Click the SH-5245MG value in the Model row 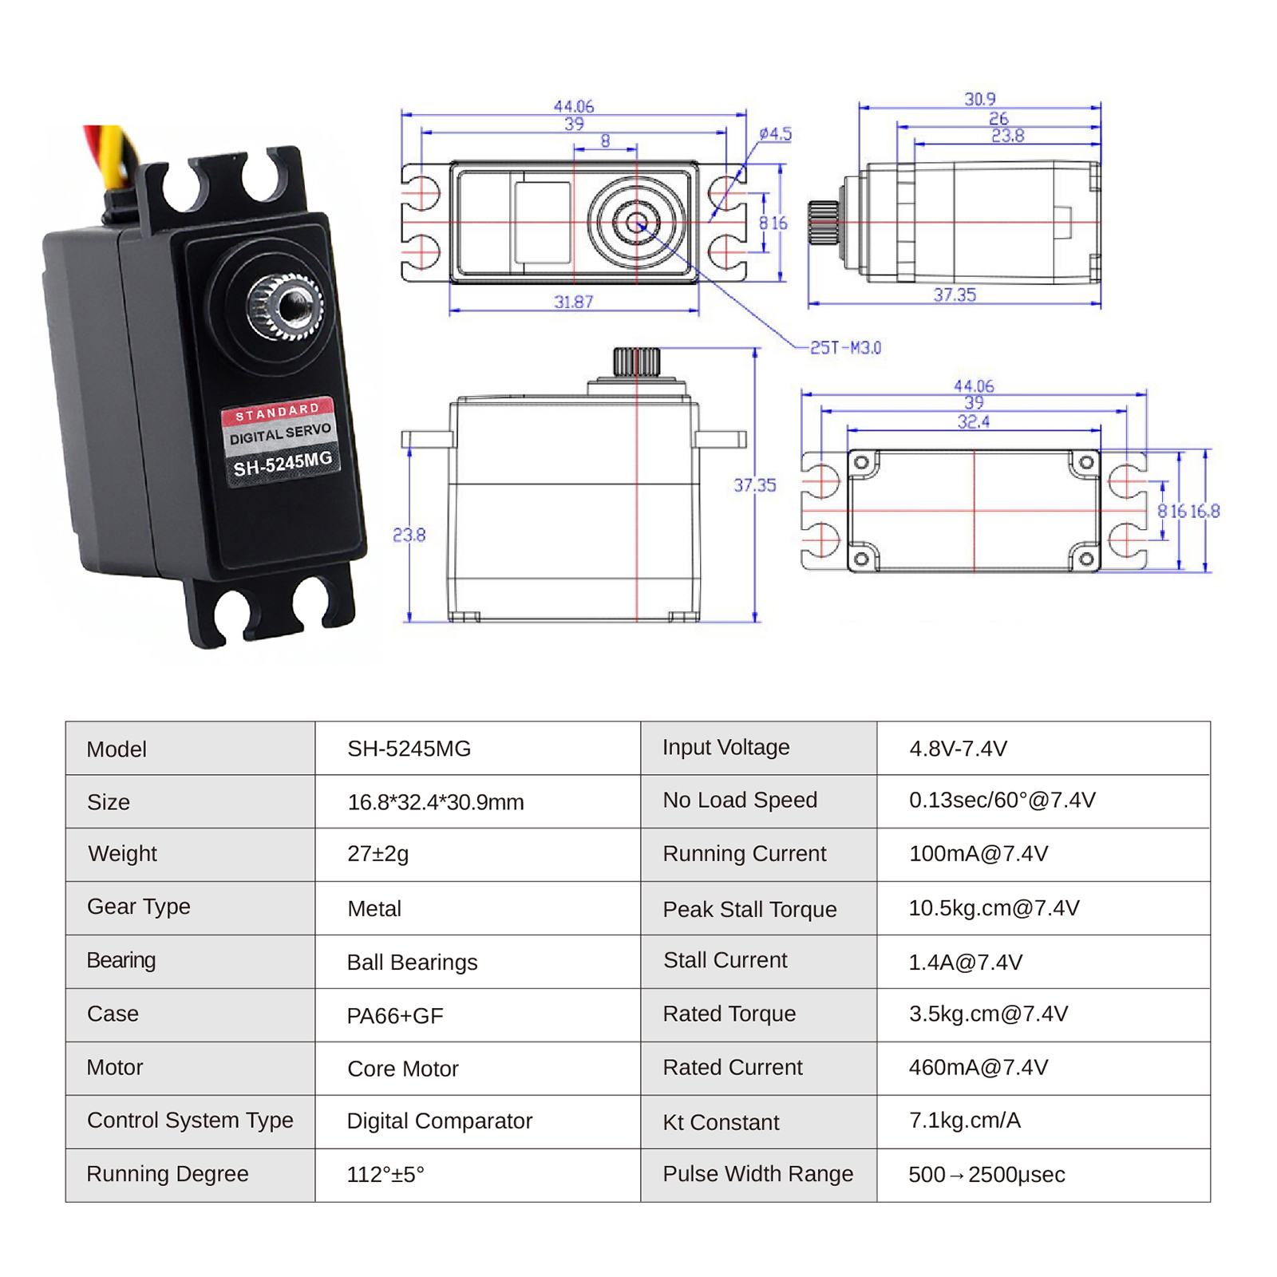click(409, 749)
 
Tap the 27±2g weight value click(378, 854)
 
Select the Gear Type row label click(138, 907)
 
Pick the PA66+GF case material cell click(394, 1016)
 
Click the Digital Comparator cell click(439, 1121)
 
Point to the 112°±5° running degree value click(385, 1175)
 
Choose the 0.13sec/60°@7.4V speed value click(1002, 801)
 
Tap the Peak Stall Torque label click(749, 910)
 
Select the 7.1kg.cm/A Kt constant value click(964, 1121)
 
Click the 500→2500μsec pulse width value click(986, 1175)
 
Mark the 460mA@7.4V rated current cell click(978, 1068)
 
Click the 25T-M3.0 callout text click(845, 348)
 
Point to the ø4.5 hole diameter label click(775, 134)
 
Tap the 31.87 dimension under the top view click(574, 302)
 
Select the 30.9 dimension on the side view click(979, 99)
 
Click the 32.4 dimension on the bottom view click(974, 421)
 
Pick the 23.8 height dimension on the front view click(409, 535)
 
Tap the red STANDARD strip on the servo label click(277, 412)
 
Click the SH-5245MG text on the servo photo click(282, 464)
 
